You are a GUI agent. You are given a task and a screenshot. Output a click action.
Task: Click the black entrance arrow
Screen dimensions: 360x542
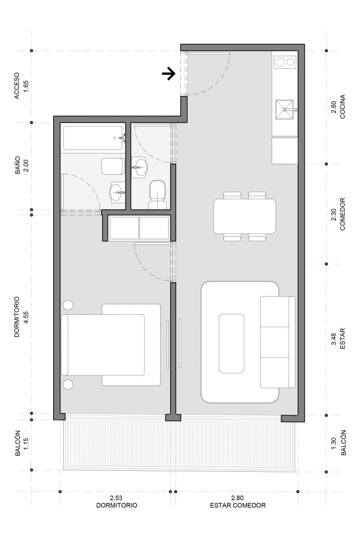pyautogui.click(x=169, y=73)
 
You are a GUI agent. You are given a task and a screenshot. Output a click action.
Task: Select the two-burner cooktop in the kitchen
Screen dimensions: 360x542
pyautogui.click(x=285, y=62)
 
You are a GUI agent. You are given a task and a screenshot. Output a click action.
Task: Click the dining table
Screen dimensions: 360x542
pyautogui.click(x=245, y=216)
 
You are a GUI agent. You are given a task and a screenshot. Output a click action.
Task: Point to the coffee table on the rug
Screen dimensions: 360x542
pyautogui.click(x=231, y=343)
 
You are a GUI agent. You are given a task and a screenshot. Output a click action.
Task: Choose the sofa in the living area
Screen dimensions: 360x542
pyautogui.click(x=278, y=342)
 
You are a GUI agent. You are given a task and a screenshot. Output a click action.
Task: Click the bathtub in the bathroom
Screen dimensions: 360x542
pyautogui.click(x=93, y=139)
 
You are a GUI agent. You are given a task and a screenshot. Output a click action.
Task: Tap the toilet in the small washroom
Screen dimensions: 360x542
pyautogui.click(x=158, y=195)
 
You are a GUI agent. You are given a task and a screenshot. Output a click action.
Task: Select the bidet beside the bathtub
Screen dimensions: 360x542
pyautogui.click(x=113, y=166)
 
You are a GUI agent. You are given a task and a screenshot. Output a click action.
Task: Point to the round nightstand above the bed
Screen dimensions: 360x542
pyautogui.click(x=68, y=305)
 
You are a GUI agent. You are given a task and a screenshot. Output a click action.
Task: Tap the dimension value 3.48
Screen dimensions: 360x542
pyautogui.click(x=334, y=339)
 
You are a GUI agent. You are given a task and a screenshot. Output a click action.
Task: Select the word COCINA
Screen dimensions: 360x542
pyautogui.click(x=343, y=106)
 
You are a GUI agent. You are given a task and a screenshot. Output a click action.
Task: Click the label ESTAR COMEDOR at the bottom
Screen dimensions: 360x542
pyautogui.click(x=238, y=505)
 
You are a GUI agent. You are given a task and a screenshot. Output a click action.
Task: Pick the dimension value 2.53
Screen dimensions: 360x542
pyautogui.click(x=116, y=498)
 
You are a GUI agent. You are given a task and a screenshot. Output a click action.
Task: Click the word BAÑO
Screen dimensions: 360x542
pyautogui.click(x=17, y=165)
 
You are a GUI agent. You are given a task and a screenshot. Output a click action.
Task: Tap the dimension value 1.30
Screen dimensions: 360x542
pyautogui.click(x=334, y=444)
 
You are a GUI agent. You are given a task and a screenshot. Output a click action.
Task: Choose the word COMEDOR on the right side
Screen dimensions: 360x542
pyautogui.click(x=343, y=214)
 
